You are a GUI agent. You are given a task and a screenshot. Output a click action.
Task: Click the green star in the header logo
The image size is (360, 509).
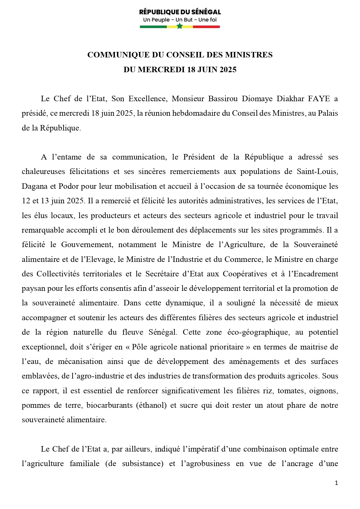[x=180, y=26]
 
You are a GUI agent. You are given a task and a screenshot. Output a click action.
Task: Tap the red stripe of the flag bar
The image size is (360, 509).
[x=206, y=27]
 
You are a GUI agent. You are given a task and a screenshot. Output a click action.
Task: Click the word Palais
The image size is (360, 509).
[x=328, y=113]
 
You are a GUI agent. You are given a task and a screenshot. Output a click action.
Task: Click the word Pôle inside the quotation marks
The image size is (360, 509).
[x=139, y=347]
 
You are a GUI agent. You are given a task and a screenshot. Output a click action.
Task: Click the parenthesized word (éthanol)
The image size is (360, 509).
[x=151, y=405]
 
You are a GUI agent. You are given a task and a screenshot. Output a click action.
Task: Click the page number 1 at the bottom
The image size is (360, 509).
[x=337, y=483]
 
